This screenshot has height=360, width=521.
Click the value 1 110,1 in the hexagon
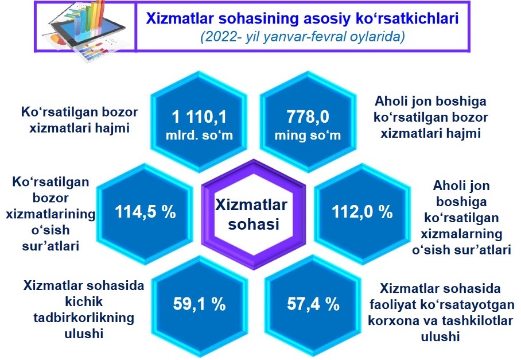click(x=199, y=117)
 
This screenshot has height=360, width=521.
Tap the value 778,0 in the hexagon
click(x=308, y=117)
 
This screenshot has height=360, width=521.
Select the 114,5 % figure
click(x=145, y=212)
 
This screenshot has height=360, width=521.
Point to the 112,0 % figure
click(x=362, y=212)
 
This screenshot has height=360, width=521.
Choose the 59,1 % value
click(x=199, y=304)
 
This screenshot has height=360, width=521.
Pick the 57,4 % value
click(x=313, y=304)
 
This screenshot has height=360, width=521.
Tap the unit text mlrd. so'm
click(x=199, y=136)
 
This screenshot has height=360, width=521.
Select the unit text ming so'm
click(x=308, y=136)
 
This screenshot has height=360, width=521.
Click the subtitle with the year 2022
click(x=303, y=37)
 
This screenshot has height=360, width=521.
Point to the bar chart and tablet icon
click(x=85, y=30)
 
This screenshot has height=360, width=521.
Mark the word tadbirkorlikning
click(x=84, y=318)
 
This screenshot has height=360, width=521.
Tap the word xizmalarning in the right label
click(x=461, y=234)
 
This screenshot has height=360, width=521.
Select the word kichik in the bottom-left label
click(x=84, y=301)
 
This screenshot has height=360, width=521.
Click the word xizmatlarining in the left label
click(x=50, y=214)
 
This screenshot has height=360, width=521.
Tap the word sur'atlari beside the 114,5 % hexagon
click(x=50, y=246)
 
